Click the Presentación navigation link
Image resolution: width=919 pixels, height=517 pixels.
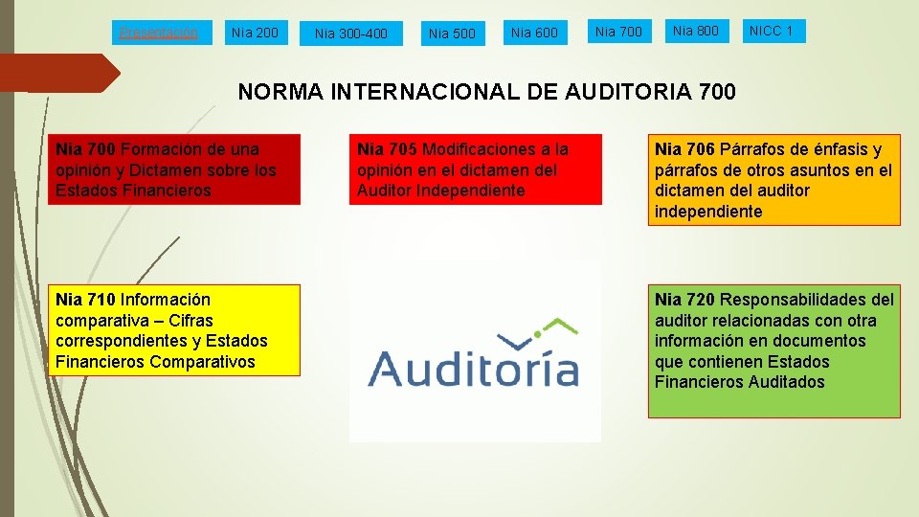pos(159,33)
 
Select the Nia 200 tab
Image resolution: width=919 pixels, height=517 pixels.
pos(255,33)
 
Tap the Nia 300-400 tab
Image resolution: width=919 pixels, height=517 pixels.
pos(351,34)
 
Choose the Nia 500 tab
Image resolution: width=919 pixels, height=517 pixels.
pos(452,34)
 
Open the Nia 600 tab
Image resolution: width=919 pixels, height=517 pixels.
pos(534,34)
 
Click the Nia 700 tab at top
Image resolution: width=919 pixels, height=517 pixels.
pos(618,32)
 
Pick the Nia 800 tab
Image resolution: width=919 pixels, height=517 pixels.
pos(696,32)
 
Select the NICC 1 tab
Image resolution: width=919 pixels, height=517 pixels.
pos(772,32)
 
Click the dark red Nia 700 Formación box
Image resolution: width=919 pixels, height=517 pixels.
pos(174,169)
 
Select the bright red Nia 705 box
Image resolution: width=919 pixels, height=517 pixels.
pos(476,169)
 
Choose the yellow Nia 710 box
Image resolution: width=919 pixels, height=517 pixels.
pos(174,330)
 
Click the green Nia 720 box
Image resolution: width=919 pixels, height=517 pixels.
pos(773,351)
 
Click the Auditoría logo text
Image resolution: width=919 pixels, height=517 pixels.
pos(474,369)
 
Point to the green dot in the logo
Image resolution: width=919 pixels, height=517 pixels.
pos(538,334)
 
